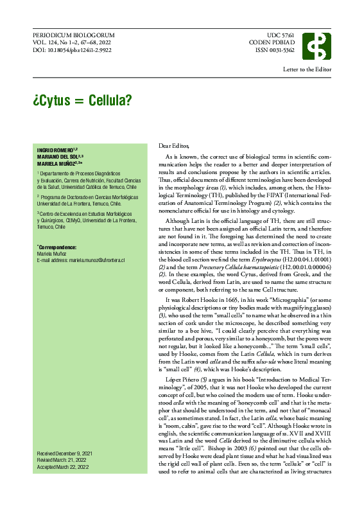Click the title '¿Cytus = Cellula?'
82,100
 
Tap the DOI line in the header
72,49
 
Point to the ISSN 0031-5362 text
275,49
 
